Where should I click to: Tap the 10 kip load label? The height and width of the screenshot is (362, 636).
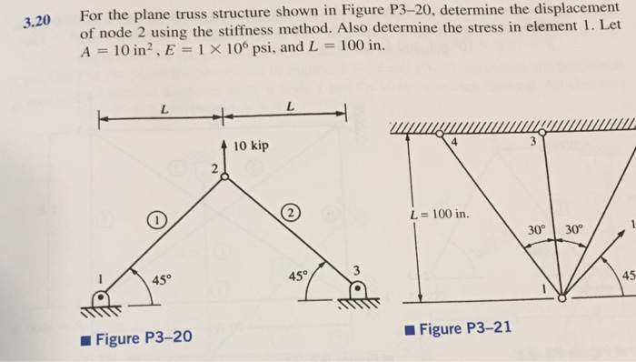tap(251, 146)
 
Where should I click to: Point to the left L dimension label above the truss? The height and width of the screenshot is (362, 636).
tap(164, 107)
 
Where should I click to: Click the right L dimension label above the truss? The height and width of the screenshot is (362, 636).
tap(289, 107)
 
